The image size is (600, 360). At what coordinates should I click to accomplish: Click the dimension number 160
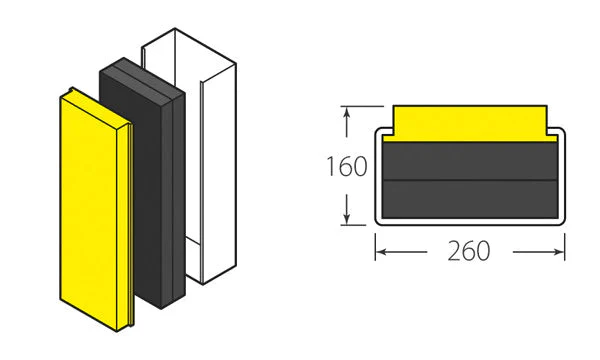pyautogui.click(x=347, y=166)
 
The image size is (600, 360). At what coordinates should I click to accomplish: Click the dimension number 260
pyautogui.click(x=469, y=251)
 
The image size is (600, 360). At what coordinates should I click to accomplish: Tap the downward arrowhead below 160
pyautogui.click(x=347, y=219)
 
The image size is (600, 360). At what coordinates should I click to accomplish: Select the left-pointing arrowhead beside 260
pyautogui.click(x=380, y=252)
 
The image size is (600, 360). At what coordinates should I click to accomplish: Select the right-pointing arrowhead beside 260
pyautogui.click(x=559, y=252)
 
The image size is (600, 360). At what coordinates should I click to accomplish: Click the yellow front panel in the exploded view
pyautogui.click(x=96, y=209)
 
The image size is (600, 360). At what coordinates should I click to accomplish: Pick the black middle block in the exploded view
pyautogui.click(x=142, y=183)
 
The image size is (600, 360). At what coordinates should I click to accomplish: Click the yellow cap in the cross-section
pyautogui.click(x=470, y=123)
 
